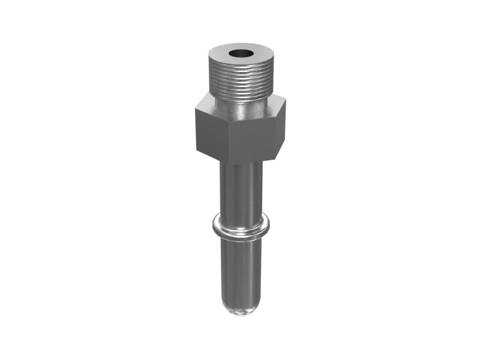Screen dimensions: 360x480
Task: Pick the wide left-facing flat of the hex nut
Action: point(212,132)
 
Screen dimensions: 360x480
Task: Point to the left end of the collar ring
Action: point(212,225)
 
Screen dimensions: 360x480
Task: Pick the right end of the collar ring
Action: point(268,225)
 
